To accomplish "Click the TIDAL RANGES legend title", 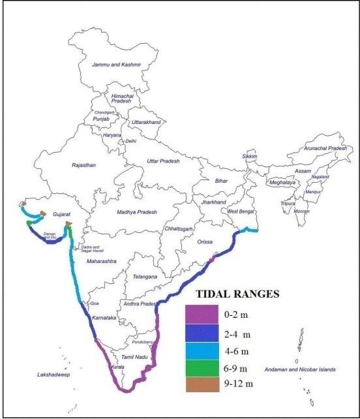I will click(233, 294).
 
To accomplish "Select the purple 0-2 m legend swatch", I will click(202, 315).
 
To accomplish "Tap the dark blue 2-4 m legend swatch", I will click(202, 334).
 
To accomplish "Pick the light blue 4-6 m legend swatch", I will click(202, 351).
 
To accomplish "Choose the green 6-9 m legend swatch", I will click(202, 368).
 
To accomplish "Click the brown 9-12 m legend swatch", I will click(202, 384).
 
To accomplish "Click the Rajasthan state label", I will click(83, 166).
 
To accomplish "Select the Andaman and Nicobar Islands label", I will click(300, 369).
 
